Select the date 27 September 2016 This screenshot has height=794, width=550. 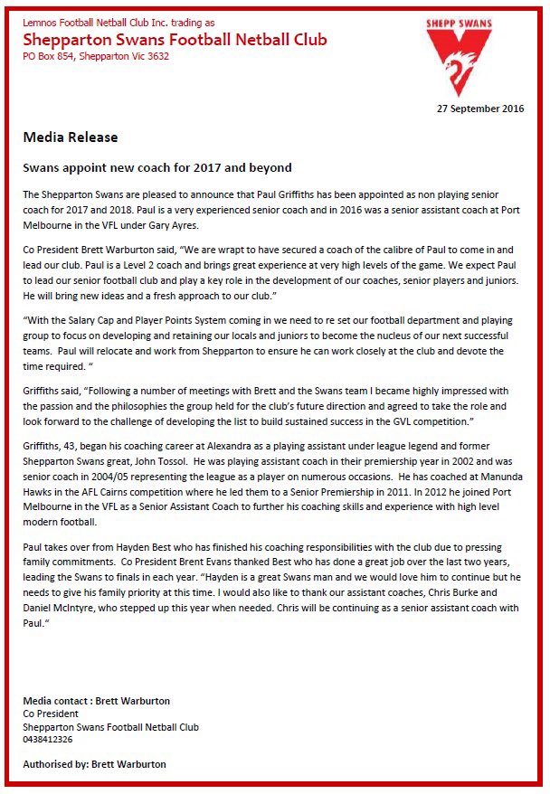(479, 109)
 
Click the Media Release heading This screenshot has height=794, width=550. (71, 137)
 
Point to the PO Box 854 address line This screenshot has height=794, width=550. (96, 56)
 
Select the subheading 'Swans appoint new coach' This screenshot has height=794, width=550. (156, 168)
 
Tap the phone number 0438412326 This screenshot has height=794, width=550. (48, 739)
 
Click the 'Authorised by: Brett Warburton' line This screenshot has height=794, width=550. (95, 764)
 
